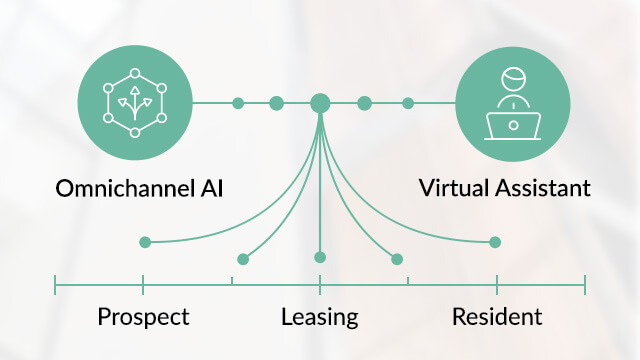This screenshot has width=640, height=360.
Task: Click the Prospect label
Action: pos(143,318)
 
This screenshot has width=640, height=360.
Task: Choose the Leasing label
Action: pos(320,318)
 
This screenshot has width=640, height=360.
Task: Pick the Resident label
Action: pos(497,318)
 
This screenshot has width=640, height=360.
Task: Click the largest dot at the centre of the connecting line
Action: pos(320,103)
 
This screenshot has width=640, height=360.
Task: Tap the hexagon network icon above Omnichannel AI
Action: pos(134,103)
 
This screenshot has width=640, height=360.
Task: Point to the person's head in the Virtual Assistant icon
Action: pos(512,80)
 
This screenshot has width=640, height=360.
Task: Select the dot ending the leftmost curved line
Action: pos(145,241)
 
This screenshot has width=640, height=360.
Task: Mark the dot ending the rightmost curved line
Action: pos(495,241)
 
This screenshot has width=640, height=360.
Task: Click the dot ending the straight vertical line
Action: pos(320,257)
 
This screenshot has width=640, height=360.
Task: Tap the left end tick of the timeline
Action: pos(55,287)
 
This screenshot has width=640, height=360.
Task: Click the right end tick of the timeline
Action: pos(585,287)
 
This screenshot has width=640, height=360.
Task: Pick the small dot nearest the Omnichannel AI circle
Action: pos(238,103)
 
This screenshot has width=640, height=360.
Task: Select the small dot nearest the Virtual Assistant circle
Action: pos(408,103)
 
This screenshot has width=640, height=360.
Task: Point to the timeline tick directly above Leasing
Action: pos(320,287)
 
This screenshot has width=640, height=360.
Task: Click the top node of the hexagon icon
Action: pos(134,73)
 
